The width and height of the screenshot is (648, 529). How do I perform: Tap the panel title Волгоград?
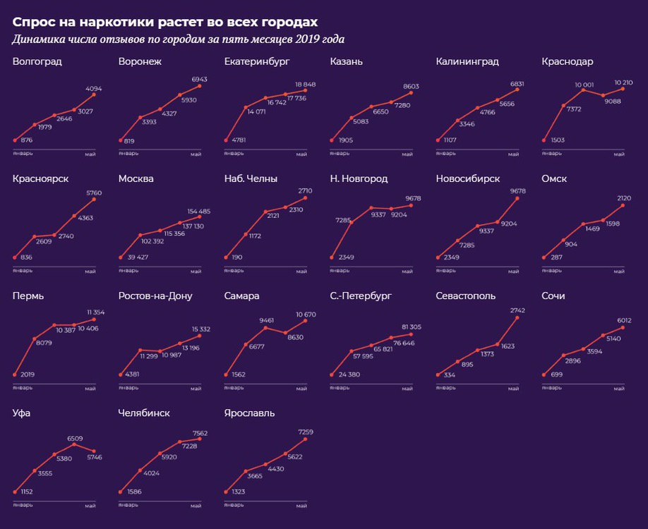[x=37, y=61]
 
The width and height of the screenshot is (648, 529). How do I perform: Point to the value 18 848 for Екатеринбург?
[x=305, y=83]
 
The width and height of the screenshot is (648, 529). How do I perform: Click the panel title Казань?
[x=347, y=61]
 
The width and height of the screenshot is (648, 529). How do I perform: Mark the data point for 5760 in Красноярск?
[x=94, y=200]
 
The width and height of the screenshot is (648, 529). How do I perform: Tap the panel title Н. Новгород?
[x=359, y=179]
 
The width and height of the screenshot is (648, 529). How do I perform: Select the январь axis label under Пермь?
[x=23, y=388]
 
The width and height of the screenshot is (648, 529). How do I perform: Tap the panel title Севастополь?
[x=466, y=296]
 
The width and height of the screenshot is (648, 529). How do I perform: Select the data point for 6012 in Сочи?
[x=623, y=327]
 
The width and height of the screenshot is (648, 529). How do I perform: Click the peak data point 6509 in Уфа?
[x=74, y=444]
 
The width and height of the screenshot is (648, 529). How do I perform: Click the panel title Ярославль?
[x=249, y=413]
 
